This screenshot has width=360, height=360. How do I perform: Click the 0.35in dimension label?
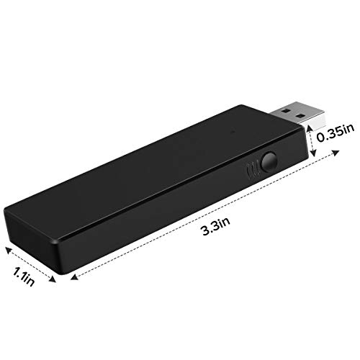[336, 132]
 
